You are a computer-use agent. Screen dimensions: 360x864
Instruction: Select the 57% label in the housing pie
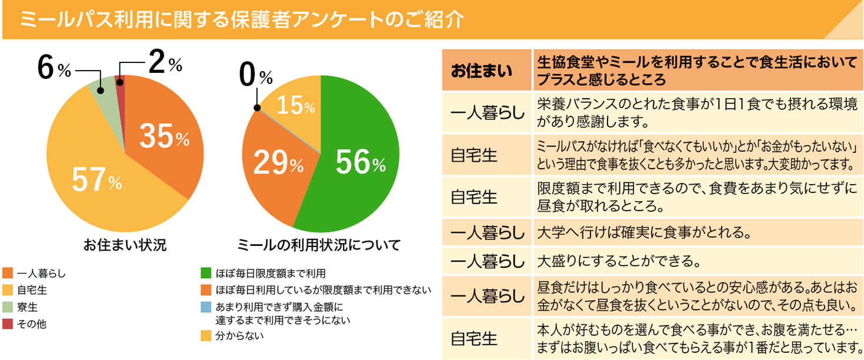coord(96,180)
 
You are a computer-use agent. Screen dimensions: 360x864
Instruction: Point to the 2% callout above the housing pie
coord(165,63)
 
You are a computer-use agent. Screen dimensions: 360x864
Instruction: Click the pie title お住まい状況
coord(124,244)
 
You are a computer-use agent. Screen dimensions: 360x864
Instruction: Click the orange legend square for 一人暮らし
coord(8,274)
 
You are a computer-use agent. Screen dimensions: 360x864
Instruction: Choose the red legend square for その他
coord(8,324)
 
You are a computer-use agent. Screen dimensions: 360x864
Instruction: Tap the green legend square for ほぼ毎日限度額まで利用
coord(205,274)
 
